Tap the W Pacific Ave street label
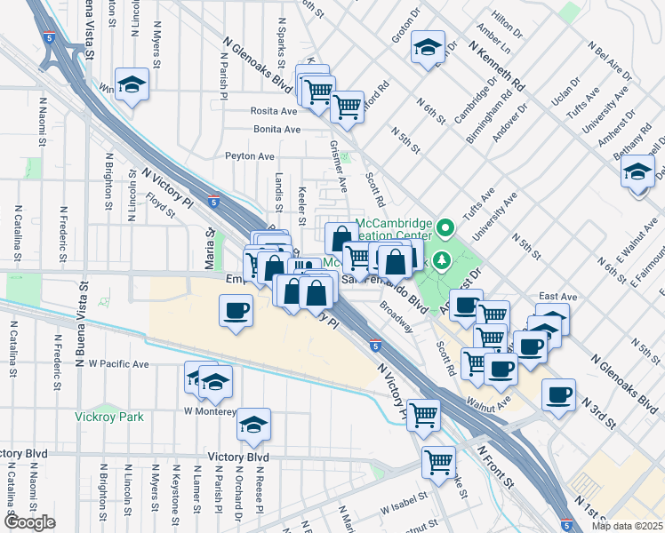[x=112, y=364]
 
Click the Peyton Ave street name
[x=250, y=156]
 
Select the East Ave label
[x=558, y=297]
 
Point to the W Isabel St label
[x=405, y=511]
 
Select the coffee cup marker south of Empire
[x=236, y=311]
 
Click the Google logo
[x=29, y=522]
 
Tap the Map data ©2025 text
[x=628, y=526]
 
